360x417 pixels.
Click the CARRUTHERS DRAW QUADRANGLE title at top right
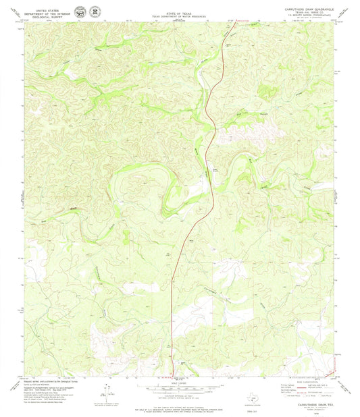306,8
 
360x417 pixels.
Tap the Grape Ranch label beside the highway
216,170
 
